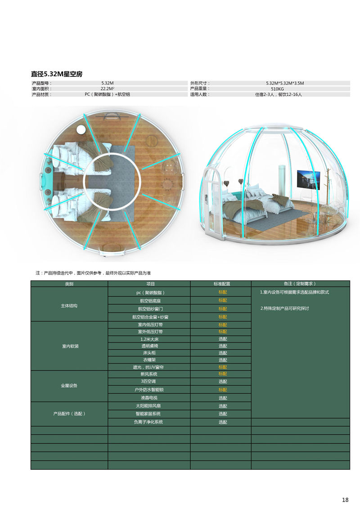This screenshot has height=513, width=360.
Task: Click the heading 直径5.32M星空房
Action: coord(56,74)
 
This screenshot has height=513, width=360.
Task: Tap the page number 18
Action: coord(345,500)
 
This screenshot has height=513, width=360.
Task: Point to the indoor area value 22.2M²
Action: coord(107,89)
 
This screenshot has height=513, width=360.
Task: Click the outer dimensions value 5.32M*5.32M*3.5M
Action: coord(285,83)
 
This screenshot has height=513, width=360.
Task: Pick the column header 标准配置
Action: coord(220,284)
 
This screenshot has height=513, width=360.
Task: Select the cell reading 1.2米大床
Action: coord(149,339)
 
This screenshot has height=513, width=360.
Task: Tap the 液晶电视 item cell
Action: coord(149,398)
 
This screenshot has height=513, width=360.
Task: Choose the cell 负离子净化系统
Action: coord(149,422)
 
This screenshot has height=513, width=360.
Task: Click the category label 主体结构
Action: coord(69,306)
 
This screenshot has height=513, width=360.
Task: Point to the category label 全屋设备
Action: coord(69,386)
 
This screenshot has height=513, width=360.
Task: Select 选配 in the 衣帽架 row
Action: coord(223,360)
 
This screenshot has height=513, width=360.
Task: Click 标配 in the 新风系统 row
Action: coord(223,374)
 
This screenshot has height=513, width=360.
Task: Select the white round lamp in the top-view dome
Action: coord(81,130)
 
